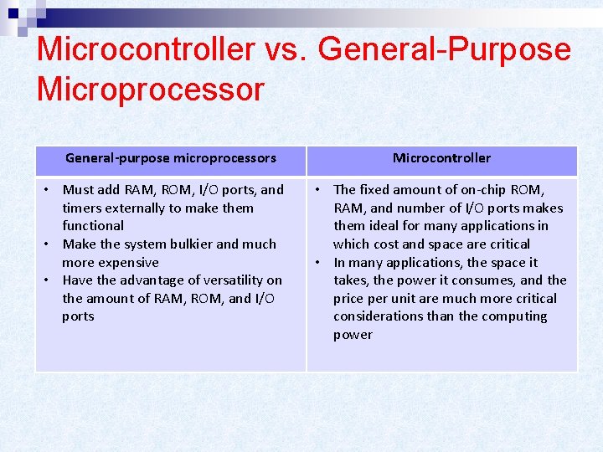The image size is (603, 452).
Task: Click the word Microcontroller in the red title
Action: (x=145, y=49)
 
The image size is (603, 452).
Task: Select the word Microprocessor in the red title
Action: (x=150, y=89)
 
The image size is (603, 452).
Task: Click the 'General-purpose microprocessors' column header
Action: (x=170, y=157)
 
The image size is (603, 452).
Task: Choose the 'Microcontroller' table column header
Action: (x=441, y=157)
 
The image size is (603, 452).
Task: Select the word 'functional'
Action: (x=92, y=225)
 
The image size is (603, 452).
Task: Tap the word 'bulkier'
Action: (x=187, y=244)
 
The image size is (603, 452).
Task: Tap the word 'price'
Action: (x=350, y=298)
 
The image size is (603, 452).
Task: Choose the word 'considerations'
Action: (x=374, y=316)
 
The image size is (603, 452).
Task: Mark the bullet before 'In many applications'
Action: (x=319, y=262)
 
